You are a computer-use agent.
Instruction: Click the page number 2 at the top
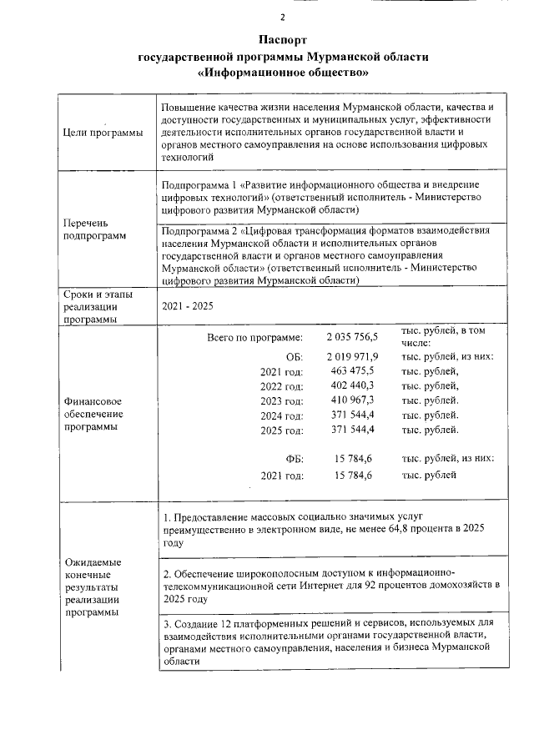282,18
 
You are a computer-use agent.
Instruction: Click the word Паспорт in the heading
283,40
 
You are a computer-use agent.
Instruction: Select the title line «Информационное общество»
283,73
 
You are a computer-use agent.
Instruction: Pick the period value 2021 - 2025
188,306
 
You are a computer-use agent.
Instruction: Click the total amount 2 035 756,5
352,337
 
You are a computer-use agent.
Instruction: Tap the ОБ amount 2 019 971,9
352,357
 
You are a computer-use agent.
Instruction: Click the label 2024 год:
282,415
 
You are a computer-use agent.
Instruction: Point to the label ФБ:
294,459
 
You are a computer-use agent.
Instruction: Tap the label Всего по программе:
254,338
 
